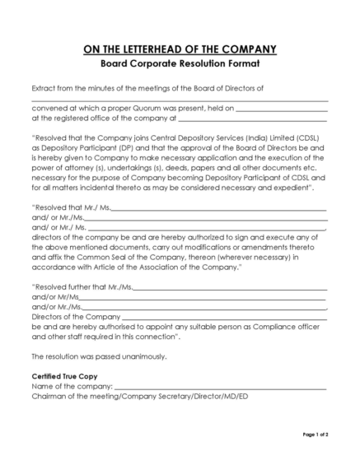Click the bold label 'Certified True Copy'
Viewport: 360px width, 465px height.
coord(63,375)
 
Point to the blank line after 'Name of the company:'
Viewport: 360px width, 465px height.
coord(221,386)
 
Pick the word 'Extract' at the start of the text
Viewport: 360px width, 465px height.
coord(45,87)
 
